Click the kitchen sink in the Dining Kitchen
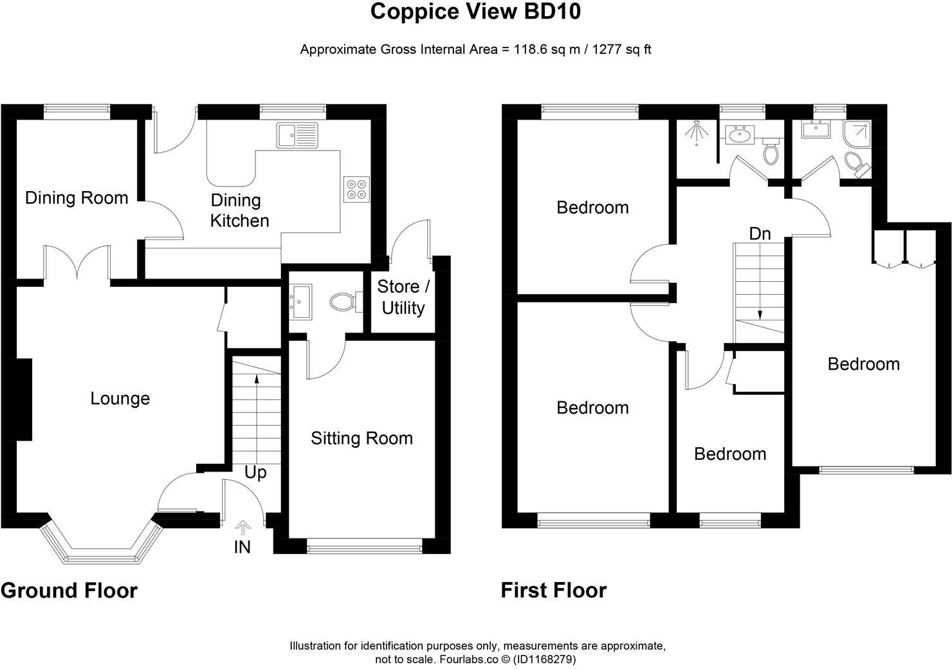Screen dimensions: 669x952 click(x=297, y=135)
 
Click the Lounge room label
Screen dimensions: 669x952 click(x=120, y=399)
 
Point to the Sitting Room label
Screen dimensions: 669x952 click(x=362, y=439)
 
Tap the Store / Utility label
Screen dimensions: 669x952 click(x=403, y=297)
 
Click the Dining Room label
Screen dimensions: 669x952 click(x=77, y=198)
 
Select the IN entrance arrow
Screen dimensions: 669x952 click(x=243, y=529)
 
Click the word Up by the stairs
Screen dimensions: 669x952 click(x=255, y=473)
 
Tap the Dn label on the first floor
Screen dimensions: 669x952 click(x=760, y=234)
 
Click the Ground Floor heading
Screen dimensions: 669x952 click(x=69, y=591)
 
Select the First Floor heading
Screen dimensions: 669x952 click(x=553, y=591)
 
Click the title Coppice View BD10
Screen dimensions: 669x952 click(x=475, y=12)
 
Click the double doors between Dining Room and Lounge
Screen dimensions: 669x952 click(x=78, y=264)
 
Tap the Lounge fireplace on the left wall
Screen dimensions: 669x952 click(x=24, y=399)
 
